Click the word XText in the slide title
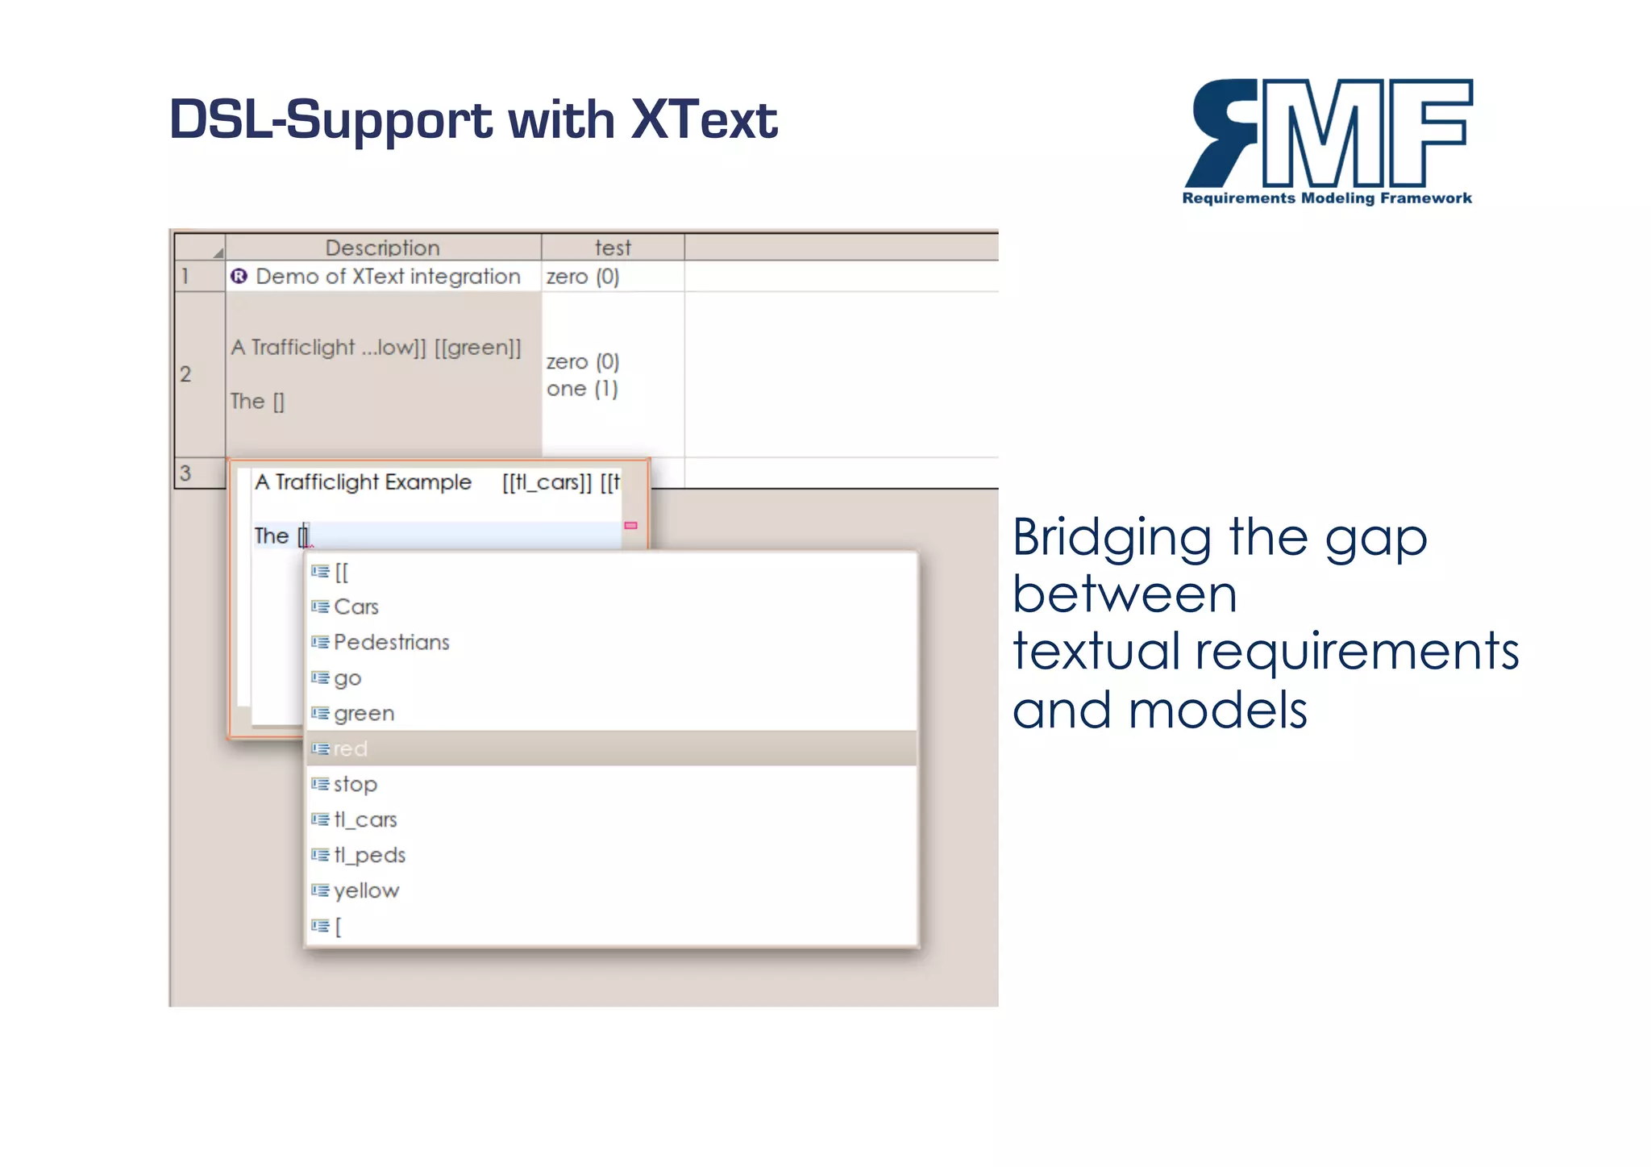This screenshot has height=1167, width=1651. tap(704, 119)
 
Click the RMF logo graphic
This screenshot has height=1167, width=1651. tap(1329, 133)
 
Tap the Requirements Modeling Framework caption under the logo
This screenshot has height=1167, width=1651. tap(1327, 198)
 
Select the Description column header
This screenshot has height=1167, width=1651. tap(382, 248)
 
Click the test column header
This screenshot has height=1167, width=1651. tap(613, 248)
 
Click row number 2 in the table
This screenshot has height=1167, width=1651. tap(186, 374)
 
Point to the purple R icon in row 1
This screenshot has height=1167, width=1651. tap(239, 277)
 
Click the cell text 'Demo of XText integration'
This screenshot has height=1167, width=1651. tap(388, 277)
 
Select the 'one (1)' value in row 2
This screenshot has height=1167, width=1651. tap(582, 389)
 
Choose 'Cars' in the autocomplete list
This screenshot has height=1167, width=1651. tap(356, 607)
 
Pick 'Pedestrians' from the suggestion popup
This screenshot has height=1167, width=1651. tap(391, 643)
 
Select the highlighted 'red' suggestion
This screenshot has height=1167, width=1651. tap(351, 749)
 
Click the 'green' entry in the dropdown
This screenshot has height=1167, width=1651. tap(364, 714)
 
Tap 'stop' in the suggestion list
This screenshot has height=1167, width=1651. tap(355, 785)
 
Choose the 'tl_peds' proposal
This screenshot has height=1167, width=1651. tap(369, 856)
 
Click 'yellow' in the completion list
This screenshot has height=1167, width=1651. tap(366, 891)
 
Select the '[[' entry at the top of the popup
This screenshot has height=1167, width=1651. tap(342, 573)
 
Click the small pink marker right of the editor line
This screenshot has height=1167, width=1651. tap(631, 526)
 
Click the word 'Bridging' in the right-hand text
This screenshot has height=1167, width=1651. tap(1112, 538)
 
